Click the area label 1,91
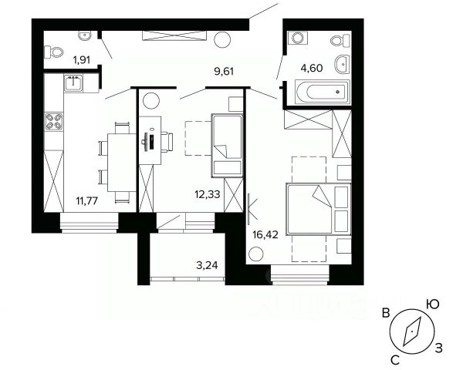point(82,60)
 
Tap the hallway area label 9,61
point(224,72)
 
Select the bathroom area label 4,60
point(311,68)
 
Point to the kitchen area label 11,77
point(87,201)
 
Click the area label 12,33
point(208,194)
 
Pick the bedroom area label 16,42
point(265,235)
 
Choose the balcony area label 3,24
point(207,265)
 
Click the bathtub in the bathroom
point(323,92)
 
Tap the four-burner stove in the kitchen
point(54,122)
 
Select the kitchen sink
point(73,83)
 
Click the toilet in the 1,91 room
point(54,52)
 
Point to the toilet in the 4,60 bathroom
point(340,40)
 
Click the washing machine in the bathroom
point(297,38)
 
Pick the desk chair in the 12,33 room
point(167,142)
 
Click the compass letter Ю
point(432,304)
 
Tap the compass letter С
point(395,359)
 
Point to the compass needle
point(411,331)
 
